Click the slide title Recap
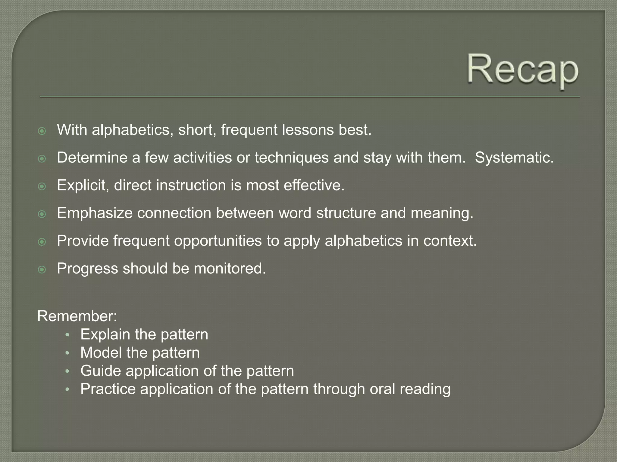click(x=523, y=71)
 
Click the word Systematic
click(x=514, y=158)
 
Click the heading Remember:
click(x=77, y=316)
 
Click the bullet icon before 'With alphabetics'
click(x=42, y=131)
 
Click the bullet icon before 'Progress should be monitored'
click(x=42, y=269)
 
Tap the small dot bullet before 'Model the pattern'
click(x=67, y=353)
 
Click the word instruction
click(x=191, y=185)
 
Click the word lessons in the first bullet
click(x=308, y=130)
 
